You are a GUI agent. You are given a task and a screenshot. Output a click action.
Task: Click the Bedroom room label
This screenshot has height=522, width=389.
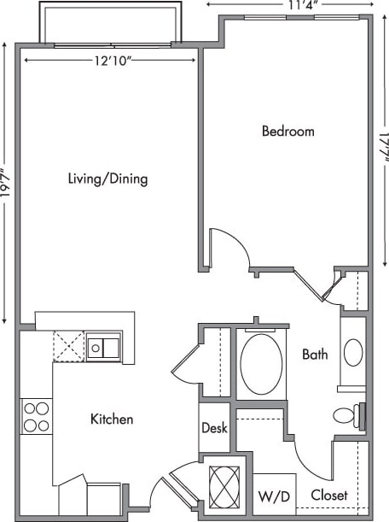[287, 132]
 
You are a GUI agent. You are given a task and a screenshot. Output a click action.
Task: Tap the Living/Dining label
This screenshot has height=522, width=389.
[107, 179]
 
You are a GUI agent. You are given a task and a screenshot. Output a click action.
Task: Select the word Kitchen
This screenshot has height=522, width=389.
[112, 419]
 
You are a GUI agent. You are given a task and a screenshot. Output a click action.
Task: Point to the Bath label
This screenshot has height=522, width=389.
[315, 355]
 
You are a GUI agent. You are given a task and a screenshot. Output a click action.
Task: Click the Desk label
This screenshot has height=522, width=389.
[214, 428]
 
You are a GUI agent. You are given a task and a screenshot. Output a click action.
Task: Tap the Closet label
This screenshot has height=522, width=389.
[328, 495]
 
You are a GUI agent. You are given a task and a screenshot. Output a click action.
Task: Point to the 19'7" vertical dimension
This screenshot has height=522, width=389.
[7, 182]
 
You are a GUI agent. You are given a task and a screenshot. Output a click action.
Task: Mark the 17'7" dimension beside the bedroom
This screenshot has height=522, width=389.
[381, 152]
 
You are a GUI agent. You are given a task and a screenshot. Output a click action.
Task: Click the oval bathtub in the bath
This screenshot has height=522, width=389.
[261, 363]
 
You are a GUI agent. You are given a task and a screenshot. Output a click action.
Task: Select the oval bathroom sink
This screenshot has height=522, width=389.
[353, 352]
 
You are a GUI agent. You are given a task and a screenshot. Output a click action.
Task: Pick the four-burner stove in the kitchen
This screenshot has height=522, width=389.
[36, 416]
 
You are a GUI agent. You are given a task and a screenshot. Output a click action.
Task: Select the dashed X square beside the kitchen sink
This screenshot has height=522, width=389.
[67, 346]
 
